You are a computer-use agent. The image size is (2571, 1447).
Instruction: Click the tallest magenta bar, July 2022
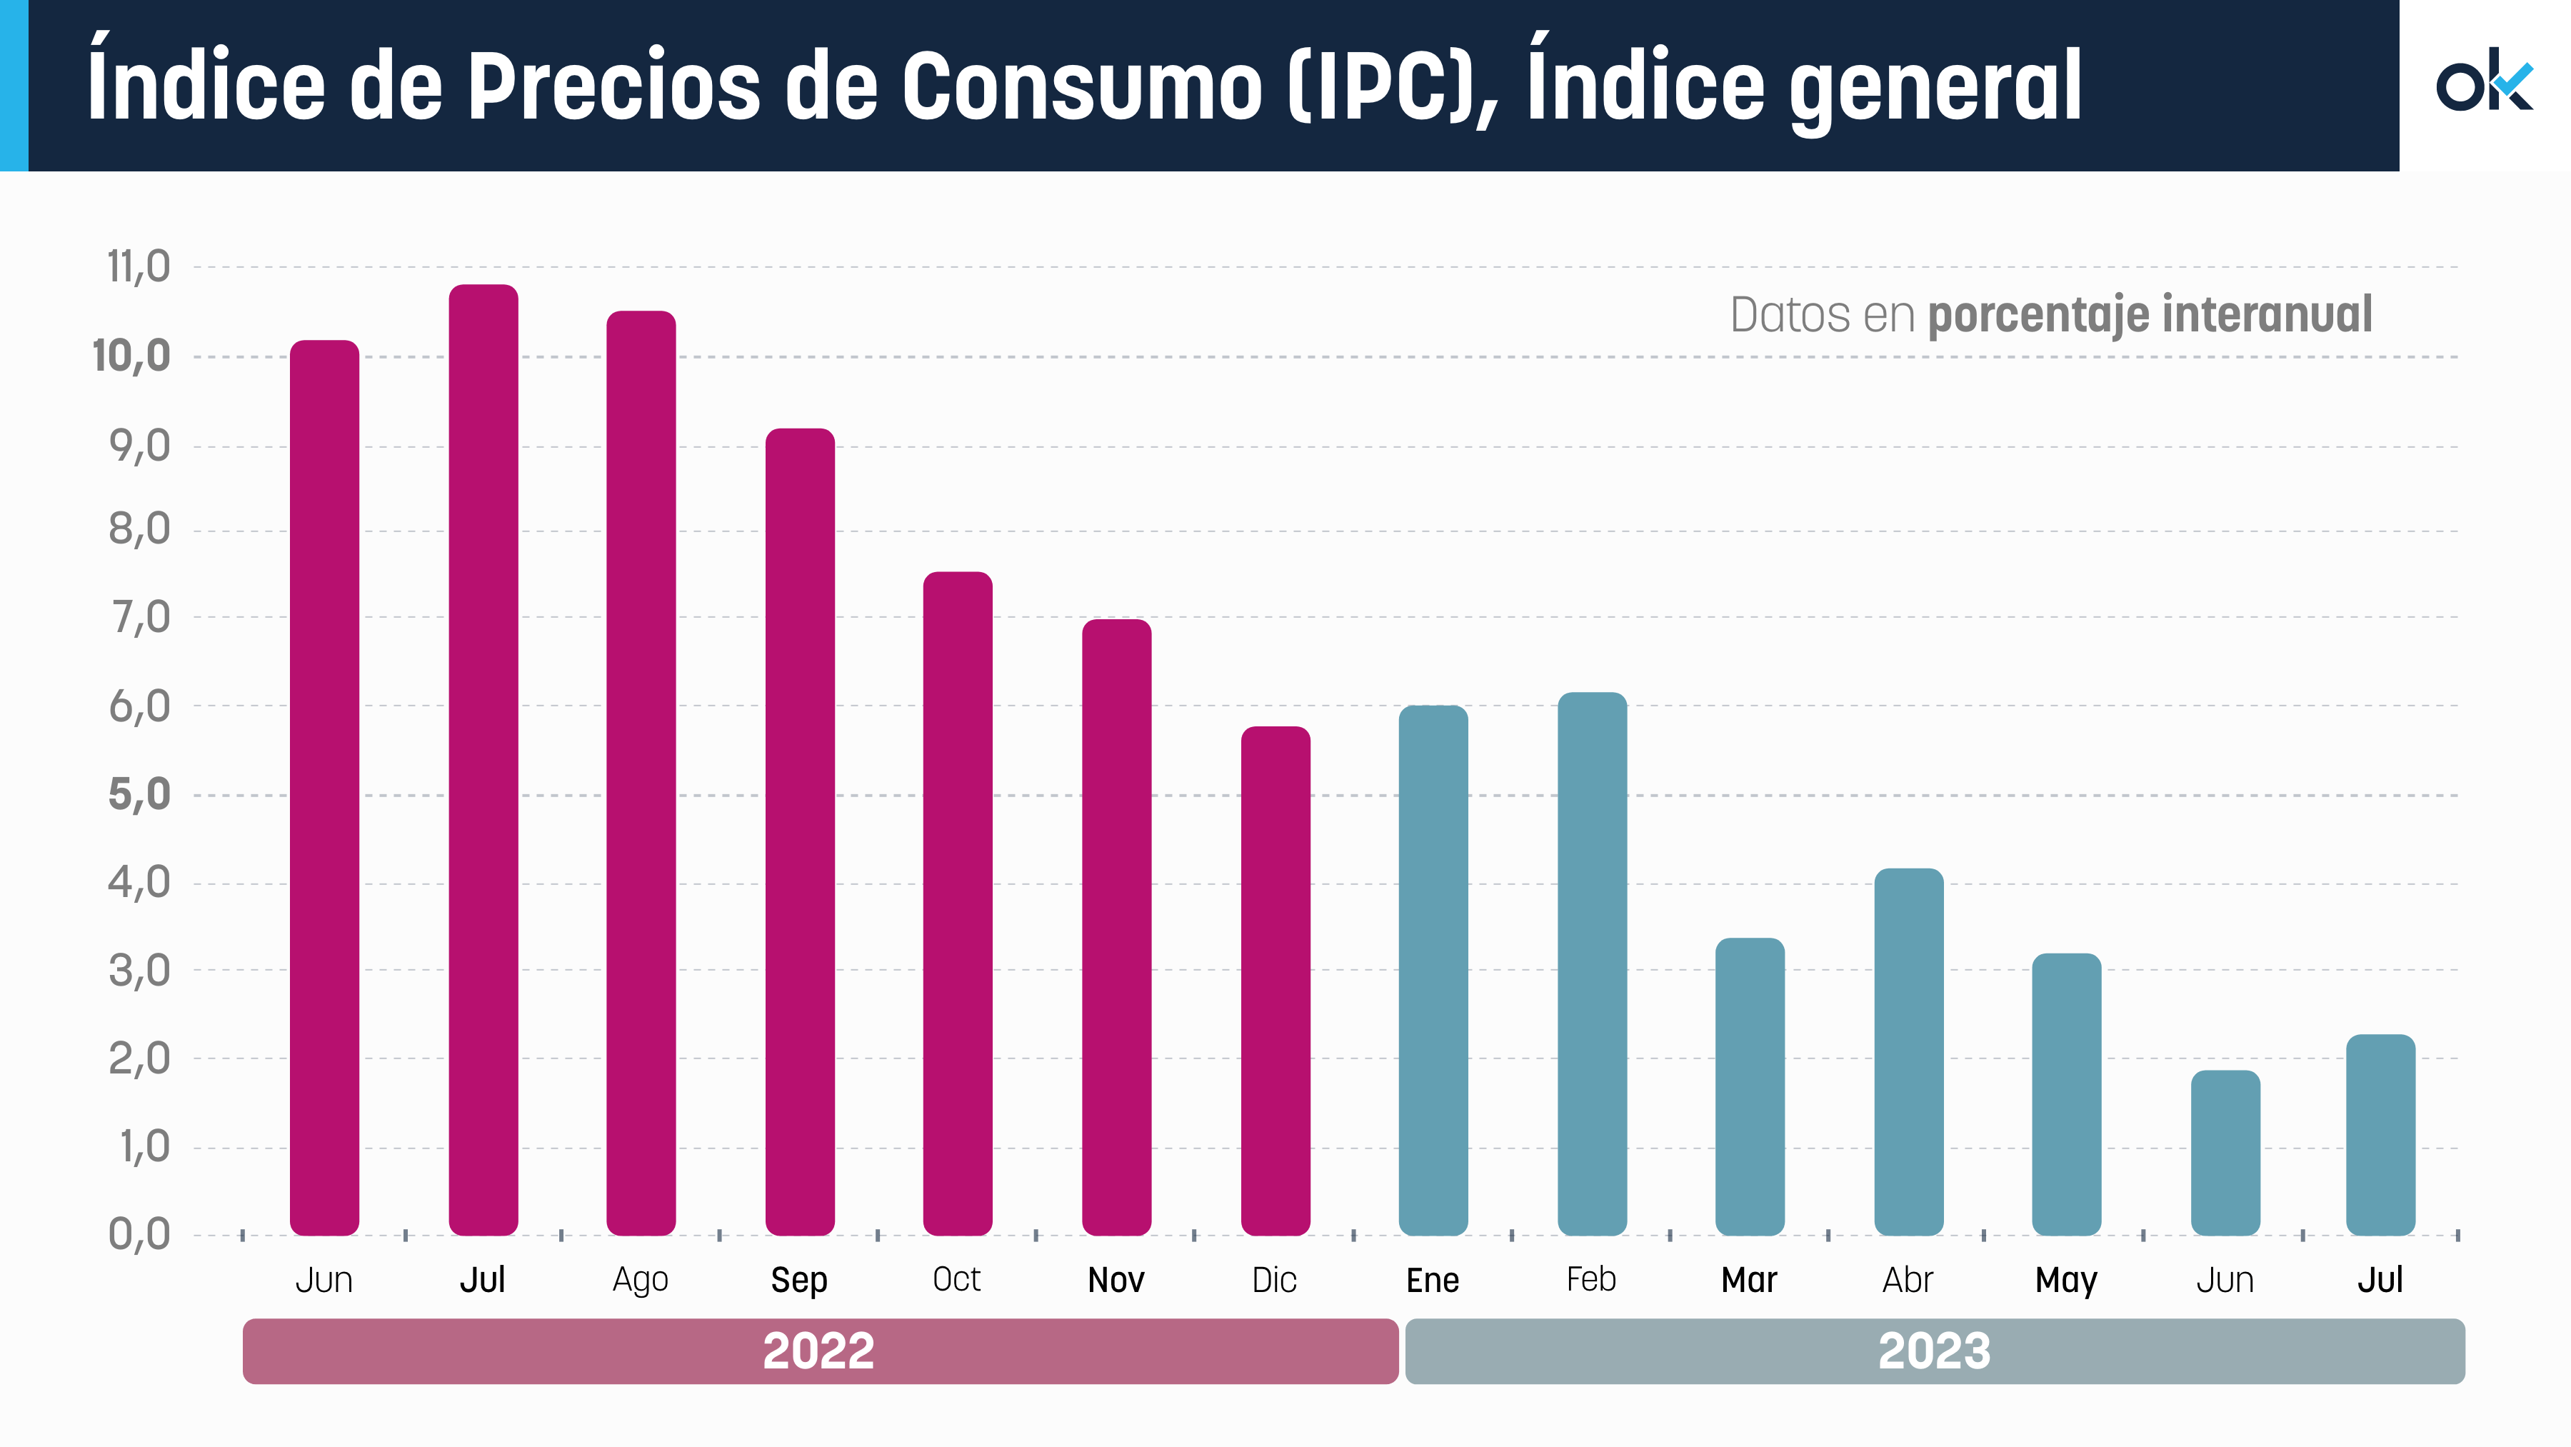(x=483, y=758)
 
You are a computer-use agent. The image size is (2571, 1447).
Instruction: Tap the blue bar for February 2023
(x=1592, y=963)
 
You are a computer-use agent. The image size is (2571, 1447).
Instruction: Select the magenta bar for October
(x=957, y=903)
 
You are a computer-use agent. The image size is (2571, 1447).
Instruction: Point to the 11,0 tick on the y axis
(x=139, y=267)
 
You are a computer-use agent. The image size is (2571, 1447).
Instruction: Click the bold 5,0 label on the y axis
(x=139, y=796)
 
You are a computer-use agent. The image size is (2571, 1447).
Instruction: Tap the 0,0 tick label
(x=139, y=1236)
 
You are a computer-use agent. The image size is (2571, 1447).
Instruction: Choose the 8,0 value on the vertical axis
(x=139, y=530)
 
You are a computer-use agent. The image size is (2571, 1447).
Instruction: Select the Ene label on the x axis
(x=1432, y=1281)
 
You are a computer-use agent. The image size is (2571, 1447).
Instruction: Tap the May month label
(x=2066, y=1281)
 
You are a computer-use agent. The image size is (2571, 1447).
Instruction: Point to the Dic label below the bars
(x=1275, y=1281)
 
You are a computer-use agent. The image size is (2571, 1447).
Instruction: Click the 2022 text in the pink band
(x=818, y=1351)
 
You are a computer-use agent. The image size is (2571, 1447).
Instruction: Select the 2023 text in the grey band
(x=1934, y=1351)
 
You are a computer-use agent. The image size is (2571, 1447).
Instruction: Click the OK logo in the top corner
(x=2483, y=82)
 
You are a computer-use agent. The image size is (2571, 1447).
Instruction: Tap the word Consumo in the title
(x=1083, y=87)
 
